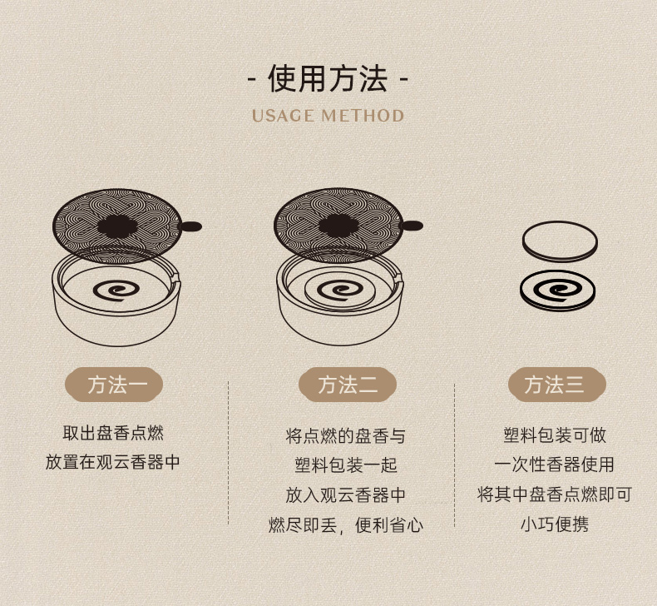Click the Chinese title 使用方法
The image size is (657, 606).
tap(328, 78)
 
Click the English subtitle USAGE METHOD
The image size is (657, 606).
tap(328, 116)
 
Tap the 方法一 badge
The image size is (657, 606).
tap(114, 385)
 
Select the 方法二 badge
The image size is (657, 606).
tap(348, 385)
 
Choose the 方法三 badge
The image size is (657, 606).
tap(557, 385)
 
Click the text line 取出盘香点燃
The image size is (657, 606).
tap(113, 433)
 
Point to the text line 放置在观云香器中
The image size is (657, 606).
tap(113, 462)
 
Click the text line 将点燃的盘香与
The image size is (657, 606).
tap(346, 436)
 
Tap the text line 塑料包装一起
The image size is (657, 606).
tap(346, 465)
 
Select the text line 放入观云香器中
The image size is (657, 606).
tap(346, 495)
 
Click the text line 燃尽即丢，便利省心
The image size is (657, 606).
tap(346, 525)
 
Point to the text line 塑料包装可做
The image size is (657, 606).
tap(555, 435)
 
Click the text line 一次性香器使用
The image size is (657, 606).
tap(555, 464)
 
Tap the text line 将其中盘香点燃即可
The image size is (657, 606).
tap(555, 494)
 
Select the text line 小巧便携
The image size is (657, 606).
tap(555, 524)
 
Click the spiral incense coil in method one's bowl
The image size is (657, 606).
tap(116, 291)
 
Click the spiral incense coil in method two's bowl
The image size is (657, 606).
tap(340, 291)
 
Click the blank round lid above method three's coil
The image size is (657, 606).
tap(560, 241)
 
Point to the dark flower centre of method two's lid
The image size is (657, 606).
tap(338, 226)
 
